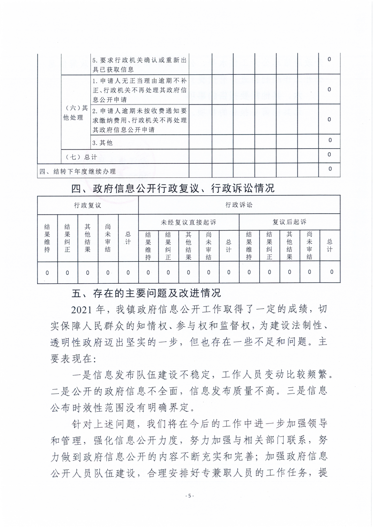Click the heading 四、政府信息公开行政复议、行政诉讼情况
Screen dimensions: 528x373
[172, 189]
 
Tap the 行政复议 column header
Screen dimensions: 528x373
[87, 205]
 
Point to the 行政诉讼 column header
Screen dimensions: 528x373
[239, 205]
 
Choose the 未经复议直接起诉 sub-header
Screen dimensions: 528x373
[188, 221]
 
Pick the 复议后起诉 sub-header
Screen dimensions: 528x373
[289, 221]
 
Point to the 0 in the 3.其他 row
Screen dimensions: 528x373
[330, 140]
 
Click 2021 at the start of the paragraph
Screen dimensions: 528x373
[84, 310]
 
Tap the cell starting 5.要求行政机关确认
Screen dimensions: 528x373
[140, 64]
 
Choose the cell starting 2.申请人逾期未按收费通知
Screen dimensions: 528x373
[140, 120]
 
